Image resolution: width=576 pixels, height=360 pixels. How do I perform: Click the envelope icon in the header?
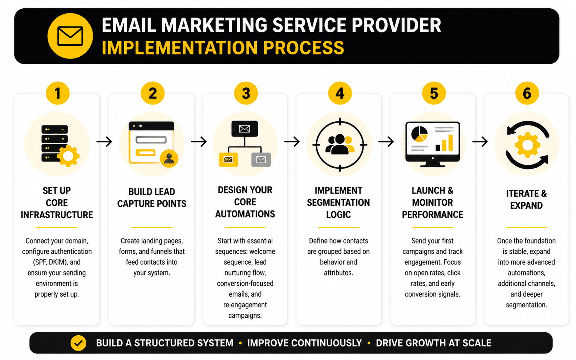(70, 36)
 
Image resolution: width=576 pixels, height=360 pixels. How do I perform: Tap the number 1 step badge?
(58, 93)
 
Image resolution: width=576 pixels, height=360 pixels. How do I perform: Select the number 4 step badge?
(340, 93)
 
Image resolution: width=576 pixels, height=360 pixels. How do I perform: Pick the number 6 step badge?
(527, 93)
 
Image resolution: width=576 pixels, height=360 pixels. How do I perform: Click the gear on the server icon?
(68, 156)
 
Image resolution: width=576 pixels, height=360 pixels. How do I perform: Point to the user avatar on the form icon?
(169, 158)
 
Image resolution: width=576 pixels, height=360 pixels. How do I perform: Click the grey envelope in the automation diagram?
(261, 160)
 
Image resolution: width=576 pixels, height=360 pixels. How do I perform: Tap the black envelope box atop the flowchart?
(244, 129)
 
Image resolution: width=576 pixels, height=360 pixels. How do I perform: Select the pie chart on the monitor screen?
(419, 134)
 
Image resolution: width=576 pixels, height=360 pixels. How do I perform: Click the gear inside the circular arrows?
(527, 145)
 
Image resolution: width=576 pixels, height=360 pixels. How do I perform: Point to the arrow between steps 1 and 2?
(104, 142)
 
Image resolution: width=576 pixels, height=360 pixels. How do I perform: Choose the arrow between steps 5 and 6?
(480, 142)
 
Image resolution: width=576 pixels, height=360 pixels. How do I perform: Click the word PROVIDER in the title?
(396, 25)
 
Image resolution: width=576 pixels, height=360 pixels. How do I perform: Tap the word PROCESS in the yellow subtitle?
(303, 48)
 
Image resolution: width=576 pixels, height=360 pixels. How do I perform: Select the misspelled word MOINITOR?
(432, 202)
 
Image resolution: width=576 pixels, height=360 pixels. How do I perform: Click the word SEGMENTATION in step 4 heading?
(338, 202)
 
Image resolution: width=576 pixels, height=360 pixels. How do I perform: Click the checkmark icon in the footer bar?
(78, 343)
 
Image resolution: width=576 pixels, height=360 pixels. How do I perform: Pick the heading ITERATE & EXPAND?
(526, 199)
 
